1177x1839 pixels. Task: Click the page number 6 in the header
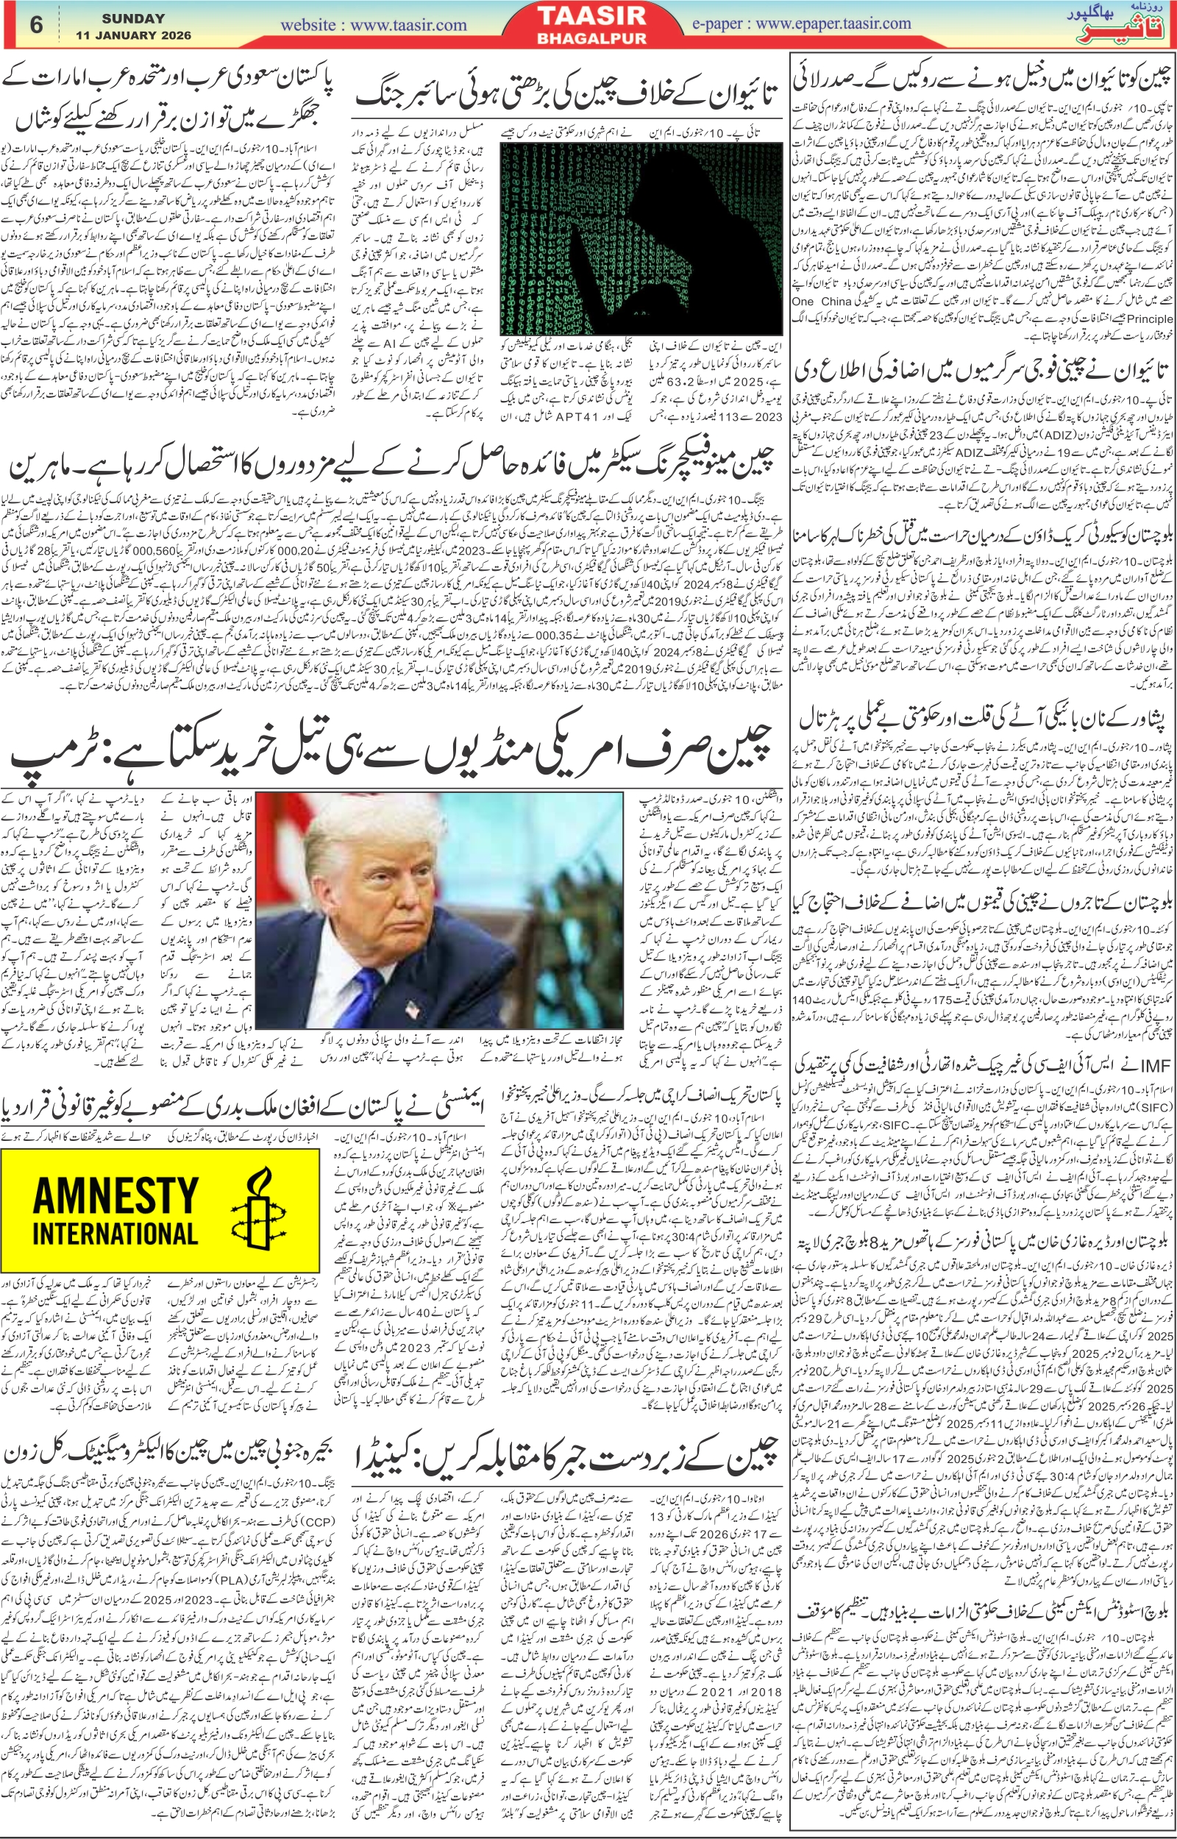coord(36,24)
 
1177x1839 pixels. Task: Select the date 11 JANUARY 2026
coord(134,36)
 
